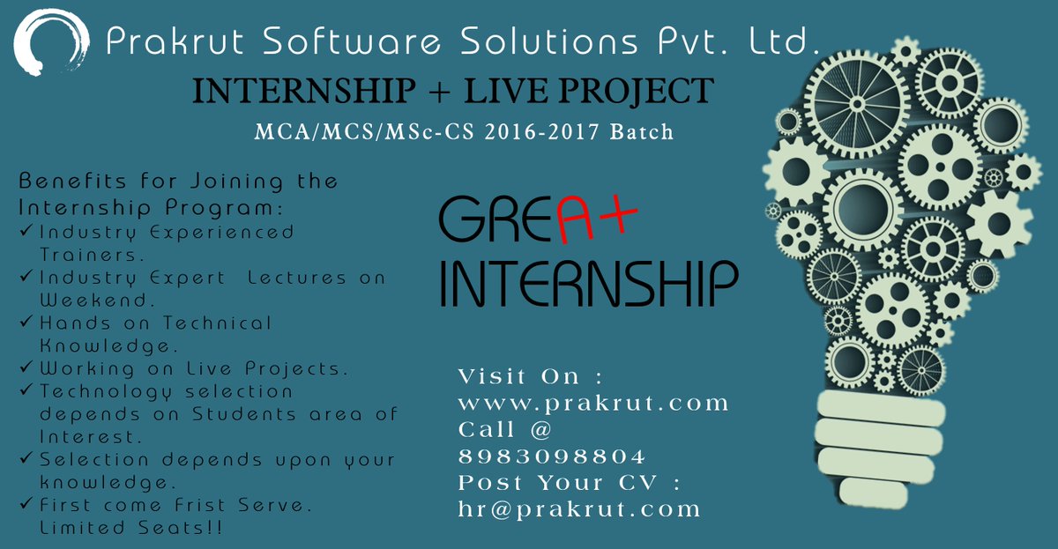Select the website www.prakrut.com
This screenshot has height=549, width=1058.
coord(594,404)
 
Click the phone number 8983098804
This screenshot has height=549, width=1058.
coord(552,456)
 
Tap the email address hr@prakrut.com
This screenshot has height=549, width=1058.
coord(579,509)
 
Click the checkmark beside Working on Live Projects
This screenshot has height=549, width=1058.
coord(26,367)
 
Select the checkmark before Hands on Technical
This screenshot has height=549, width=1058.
coord(26,323)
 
